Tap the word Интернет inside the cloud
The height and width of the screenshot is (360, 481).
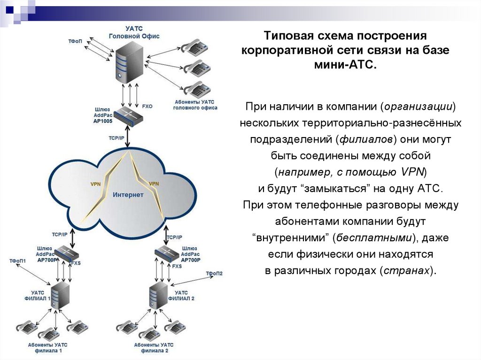click(x=128, y=194)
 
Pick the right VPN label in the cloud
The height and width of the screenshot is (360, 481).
click(x=154, y=184)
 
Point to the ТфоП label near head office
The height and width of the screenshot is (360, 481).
click(x=75, y=41)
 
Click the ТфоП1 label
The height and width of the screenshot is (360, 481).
click(x=17, y=260)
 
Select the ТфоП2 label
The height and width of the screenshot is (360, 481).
click(x=214, y=273)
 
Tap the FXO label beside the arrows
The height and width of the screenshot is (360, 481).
click(x=147, y=107)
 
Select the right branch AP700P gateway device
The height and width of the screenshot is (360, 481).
click(x=167, y=253)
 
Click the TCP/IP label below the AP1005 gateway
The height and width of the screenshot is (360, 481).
click(x=117, y=138)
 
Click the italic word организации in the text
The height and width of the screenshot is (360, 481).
click(x=418, y=107)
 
